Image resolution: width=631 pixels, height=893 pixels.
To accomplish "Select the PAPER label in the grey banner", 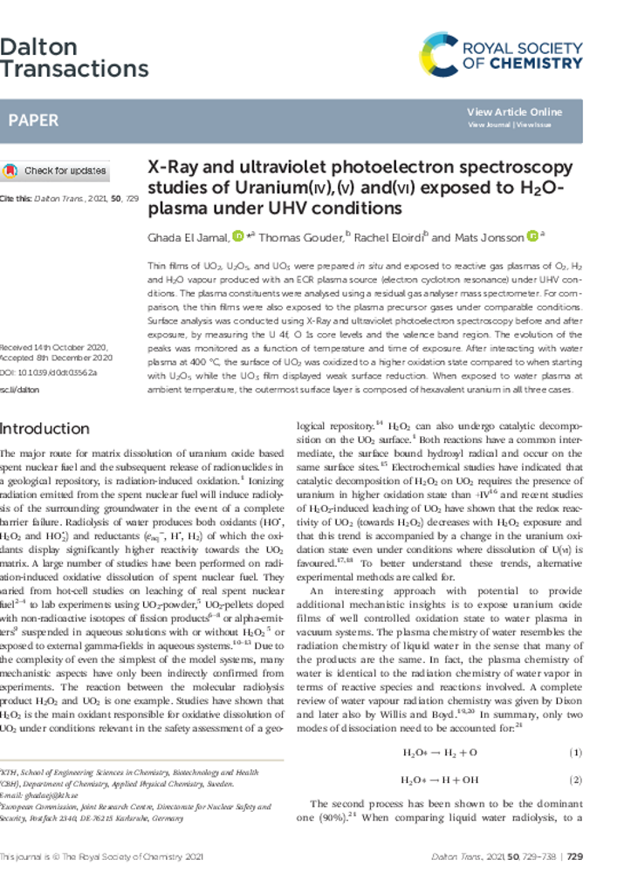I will click(x=33, y=120).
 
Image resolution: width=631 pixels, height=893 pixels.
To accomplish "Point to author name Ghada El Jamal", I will click(x=186, y=237).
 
